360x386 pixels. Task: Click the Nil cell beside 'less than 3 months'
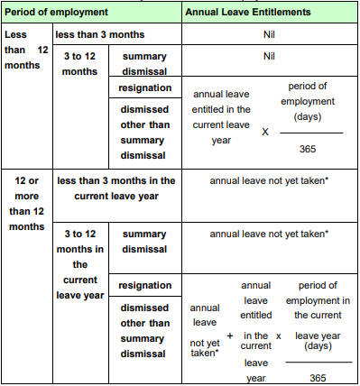pos(268,35)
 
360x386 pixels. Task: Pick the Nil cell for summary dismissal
pos(268,56)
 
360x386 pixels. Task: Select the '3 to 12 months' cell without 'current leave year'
pos(80,63)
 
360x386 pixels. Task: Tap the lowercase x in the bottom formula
pos(279,335)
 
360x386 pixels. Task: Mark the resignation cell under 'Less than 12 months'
pos(144,88)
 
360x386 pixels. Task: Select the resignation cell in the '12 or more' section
pos(144,284)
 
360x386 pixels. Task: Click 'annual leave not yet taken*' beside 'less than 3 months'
pos(268,180)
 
